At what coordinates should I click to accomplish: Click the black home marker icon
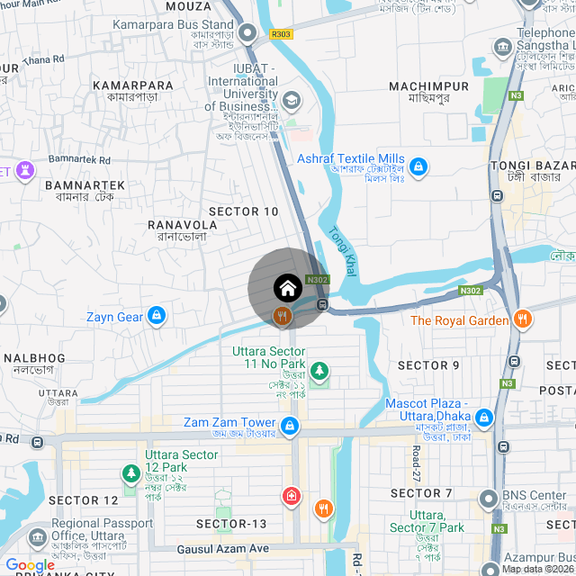point(287,288)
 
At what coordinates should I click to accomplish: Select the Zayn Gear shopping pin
point(157,316)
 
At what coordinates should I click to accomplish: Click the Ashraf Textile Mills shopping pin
point(418,166)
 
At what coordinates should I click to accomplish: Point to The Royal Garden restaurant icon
point(523,319)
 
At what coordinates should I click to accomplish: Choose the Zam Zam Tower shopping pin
point(289,426)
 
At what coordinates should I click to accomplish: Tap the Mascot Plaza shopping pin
point(484,418)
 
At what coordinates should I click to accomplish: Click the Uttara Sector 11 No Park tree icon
point(319,370)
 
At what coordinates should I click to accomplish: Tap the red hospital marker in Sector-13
point(292,496)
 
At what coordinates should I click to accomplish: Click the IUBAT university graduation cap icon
point(291,99)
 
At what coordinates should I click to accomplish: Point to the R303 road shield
point(281,34)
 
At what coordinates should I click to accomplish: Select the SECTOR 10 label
point(243,211)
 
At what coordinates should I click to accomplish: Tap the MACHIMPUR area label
point(428,86)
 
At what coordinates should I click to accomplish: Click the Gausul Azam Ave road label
point(222,549)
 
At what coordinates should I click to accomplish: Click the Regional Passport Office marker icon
point(38,537)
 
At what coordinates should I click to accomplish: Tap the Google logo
point(31,564)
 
